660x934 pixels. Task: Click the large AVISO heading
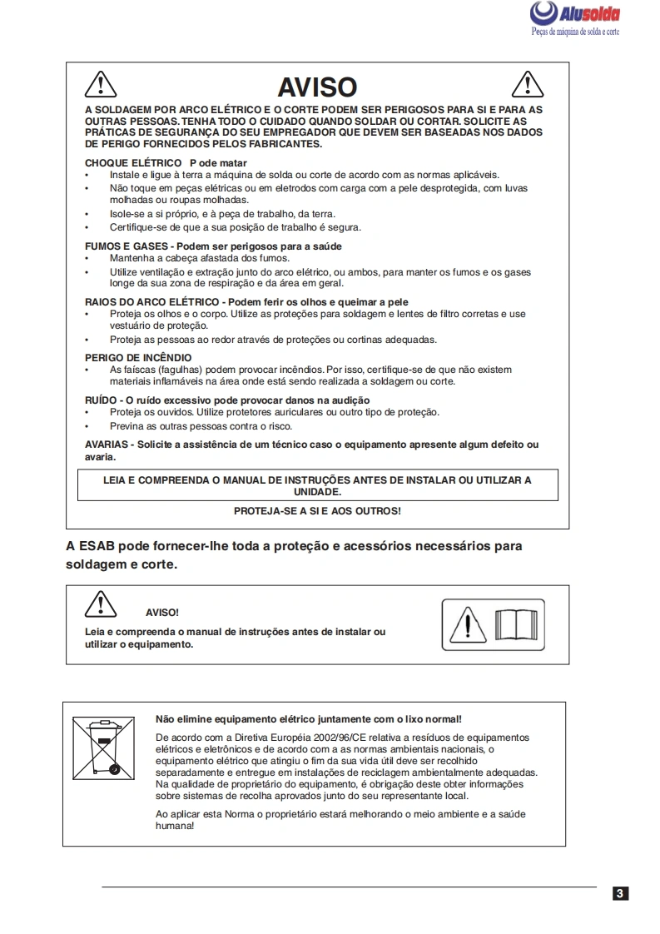(x=317, y=87)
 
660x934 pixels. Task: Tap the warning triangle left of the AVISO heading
(x=100, y=84)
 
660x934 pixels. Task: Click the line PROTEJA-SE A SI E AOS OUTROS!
(x=317, y=510)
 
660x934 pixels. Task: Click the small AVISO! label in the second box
(x=162, y=613)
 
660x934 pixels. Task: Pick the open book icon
(x=516, y=624)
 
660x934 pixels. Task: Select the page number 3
(x=620, y=894)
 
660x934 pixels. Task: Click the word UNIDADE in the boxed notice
(x=317, y=492)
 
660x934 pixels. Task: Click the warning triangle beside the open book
(x=470, y=624)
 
